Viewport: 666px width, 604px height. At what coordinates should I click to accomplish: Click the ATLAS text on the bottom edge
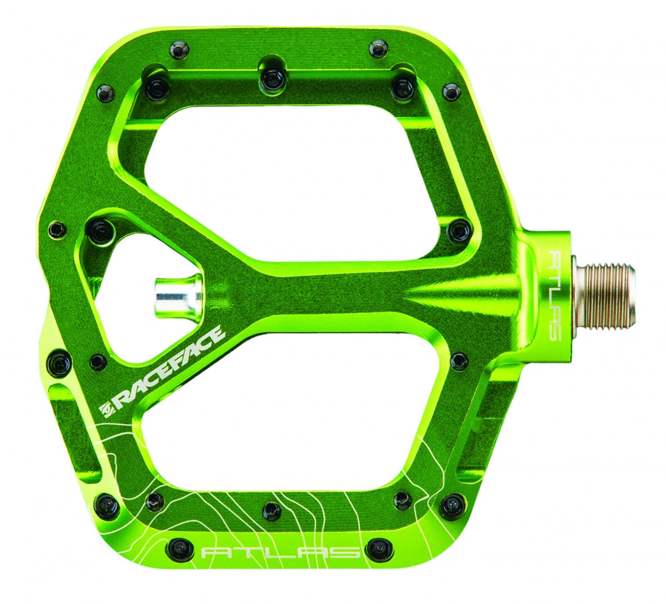[x=280, y=552]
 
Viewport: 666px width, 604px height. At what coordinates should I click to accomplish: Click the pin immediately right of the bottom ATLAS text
[x=379, y=550]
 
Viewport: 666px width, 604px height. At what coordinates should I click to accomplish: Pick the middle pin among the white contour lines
[x=272, y=511]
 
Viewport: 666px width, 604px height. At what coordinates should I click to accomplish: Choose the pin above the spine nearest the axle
[x=459, y=230]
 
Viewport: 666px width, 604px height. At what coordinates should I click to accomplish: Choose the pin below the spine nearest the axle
[x=459, y=362]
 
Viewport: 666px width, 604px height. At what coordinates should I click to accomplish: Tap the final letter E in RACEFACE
[x=217, y=336]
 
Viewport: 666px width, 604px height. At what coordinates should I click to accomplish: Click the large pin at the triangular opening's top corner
[x=102, y=231]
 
